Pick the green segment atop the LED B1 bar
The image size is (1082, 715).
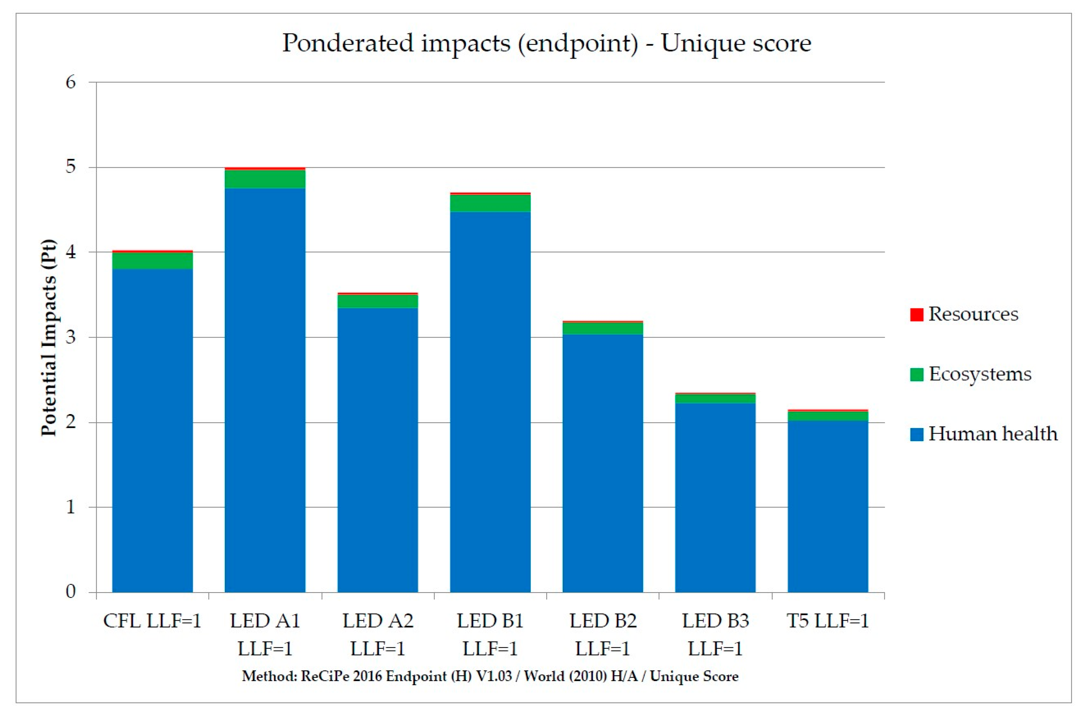tap(490, 203)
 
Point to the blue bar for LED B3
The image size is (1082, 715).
tap(715, 497)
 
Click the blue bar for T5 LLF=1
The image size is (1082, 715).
tap(827, 506)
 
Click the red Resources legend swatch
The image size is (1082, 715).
tap(916, 315)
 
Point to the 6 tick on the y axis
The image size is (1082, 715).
tap(71, 83)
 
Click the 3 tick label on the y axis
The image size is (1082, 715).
tap(71, 337)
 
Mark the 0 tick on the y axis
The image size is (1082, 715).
tap(71, 592)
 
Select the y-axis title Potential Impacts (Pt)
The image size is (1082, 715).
tap(49, 337)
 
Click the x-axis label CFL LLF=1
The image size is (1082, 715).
tap(152, 621)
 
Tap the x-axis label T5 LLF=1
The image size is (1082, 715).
tap(827, 621)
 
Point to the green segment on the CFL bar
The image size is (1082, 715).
tap(152, 260)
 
